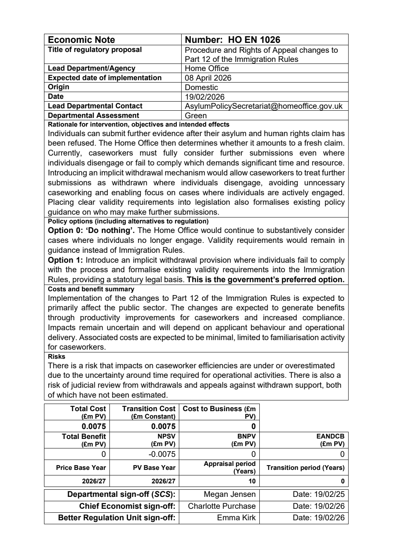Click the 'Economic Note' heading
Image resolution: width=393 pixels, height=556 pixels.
point(81,40)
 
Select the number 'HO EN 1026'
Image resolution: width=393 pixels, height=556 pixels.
point(254,40)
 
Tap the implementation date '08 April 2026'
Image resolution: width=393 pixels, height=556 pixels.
point(208,78)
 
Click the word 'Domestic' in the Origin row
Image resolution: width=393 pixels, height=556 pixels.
point(201,87)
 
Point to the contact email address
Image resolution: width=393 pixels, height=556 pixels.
point(263,106)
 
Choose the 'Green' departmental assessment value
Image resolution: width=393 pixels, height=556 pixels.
point(196,115)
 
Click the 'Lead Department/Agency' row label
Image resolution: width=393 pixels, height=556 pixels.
point(91,68)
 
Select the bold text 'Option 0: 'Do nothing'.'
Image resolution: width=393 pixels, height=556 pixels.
point(91,231)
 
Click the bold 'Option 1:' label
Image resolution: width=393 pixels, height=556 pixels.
point(65,260)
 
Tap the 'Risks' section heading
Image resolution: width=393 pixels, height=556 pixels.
point(56,356)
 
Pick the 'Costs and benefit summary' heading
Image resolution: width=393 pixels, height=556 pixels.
point(91,289)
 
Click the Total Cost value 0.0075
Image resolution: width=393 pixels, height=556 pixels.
point(94,427)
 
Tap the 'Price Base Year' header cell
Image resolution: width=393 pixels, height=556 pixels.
point(81,468)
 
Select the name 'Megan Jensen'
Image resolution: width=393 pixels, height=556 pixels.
point(229,494)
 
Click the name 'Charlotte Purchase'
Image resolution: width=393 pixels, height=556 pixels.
point(222,506)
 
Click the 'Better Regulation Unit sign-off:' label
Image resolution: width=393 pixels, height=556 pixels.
point(117,518)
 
